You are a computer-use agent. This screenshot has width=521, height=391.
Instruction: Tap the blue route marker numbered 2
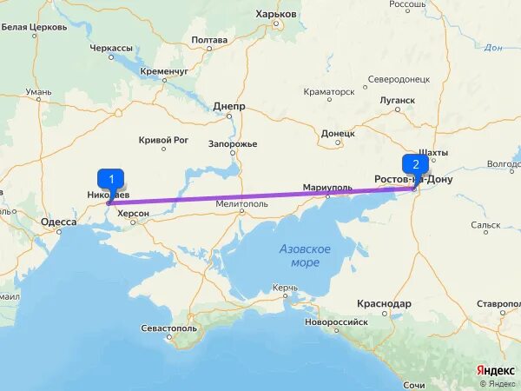click(415, 164)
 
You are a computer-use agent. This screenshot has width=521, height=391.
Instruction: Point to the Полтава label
click(209, 40)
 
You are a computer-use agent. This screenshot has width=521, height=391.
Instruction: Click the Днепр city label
click(229, 107)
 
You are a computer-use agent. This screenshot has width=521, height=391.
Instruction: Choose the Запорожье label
click(233, 143)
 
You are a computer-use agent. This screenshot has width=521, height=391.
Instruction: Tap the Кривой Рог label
click(164, 139)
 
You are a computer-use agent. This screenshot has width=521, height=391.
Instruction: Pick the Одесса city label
click(58, 222)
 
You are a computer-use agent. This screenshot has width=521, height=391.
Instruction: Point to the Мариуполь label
click(327, 188)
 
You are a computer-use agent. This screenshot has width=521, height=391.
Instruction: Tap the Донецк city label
click(338, 134)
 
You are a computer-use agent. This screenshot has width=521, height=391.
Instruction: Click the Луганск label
click(398, 100)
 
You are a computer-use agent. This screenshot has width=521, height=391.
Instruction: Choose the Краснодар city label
click(383, 303)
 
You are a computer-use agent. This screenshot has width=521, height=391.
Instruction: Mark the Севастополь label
click(169, 328)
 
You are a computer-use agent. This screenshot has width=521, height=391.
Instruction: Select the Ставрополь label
click(498, 304)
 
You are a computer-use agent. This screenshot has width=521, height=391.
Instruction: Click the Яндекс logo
click(496, 370)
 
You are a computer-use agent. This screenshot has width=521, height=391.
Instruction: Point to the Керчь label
click(284, 287)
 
